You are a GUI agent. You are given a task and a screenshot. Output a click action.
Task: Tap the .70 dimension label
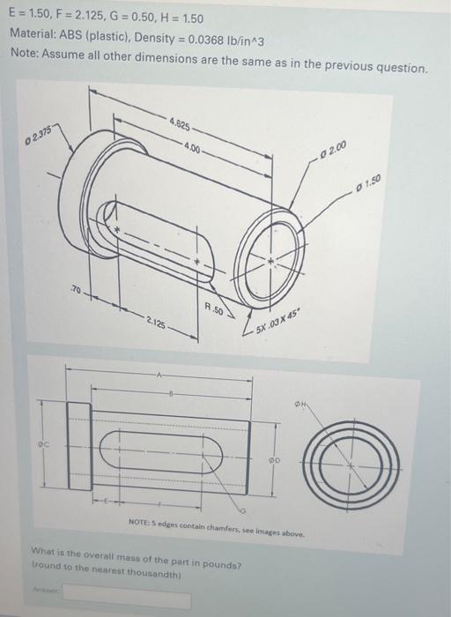[x=77, y=289]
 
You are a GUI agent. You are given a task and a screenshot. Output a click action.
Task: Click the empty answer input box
[x=126, y=599]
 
